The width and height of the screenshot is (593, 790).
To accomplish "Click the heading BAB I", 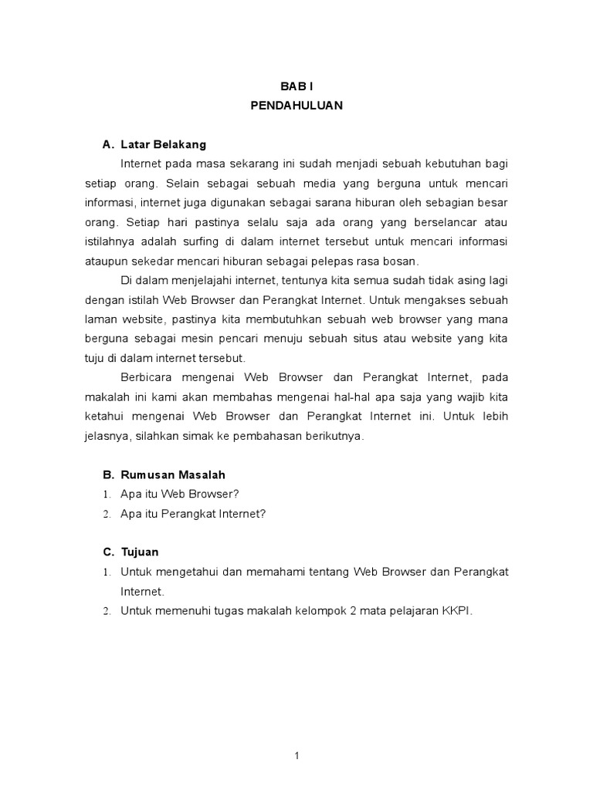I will pos(296,89).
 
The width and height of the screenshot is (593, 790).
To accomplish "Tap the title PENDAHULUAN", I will pos(296,107).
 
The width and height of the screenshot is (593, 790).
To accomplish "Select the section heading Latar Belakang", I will pos(163,144).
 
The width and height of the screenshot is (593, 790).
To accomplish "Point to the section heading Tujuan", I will pos(141,552).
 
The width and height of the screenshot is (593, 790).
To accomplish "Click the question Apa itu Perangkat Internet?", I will pos(193,513).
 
